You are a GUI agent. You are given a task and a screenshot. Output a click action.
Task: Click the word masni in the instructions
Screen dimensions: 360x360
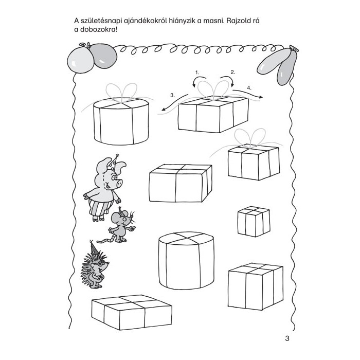click(x=211, y=21)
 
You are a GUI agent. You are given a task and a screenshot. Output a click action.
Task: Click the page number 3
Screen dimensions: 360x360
click(x=287, y=338)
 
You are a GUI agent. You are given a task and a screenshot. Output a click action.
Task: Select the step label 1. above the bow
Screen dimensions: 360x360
click(x=197, y=73)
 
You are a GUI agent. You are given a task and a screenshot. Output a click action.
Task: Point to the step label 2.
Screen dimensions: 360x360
click(x=233, y=73)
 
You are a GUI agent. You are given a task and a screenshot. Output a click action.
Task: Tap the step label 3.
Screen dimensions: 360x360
click(x=173, y=95)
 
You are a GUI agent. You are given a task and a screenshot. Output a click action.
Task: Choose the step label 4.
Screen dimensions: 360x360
click(x=249, y=88)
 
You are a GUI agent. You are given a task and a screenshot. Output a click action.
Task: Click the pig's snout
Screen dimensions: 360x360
click(x=119, y=183)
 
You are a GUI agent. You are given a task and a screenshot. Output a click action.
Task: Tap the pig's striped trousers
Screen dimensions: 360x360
click(x=101, y=208)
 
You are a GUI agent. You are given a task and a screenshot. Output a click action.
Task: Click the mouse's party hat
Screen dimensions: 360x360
click(x=120, y=211)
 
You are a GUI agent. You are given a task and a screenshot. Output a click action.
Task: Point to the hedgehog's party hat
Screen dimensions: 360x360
click(x=94, y=248)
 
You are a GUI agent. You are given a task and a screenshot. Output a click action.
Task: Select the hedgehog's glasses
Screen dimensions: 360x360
click(x=101, y=263)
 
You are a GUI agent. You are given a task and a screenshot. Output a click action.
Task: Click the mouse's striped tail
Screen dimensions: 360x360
click(x=105, y=240)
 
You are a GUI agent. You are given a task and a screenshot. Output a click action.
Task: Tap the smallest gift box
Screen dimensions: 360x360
click(x=254, y=222)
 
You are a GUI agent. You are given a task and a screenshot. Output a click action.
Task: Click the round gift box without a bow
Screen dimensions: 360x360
click(x=186, y=260)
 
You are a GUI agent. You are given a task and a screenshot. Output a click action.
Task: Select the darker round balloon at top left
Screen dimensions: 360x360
click(x=104, y=56)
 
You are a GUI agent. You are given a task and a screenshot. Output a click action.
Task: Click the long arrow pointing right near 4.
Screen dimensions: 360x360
click(x=247, y=94)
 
